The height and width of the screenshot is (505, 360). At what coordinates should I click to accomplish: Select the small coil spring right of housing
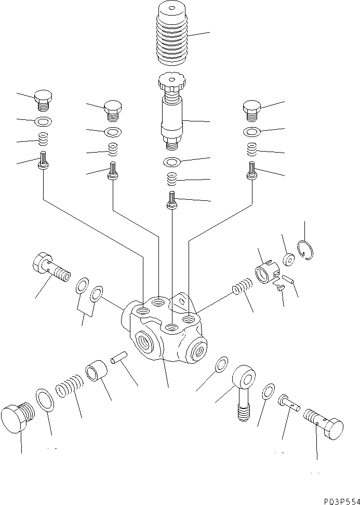click(244, 286)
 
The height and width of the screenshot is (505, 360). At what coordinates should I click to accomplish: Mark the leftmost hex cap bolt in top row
click(43, 99)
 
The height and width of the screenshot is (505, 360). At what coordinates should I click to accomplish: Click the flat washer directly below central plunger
click(172, 162)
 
